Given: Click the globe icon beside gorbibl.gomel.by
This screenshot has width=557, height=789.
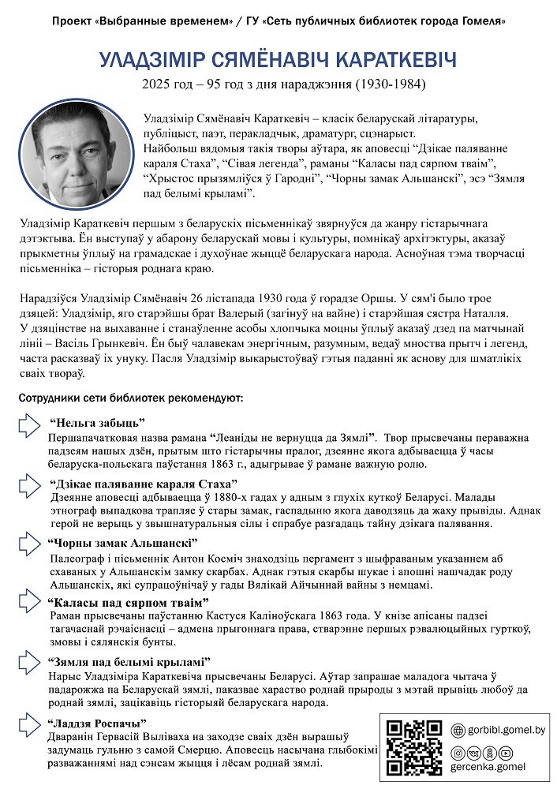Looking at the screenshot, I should click(458, 731).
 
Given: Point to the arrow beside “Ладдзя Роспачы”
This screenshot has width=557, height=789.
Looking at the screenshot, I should click(30, 723).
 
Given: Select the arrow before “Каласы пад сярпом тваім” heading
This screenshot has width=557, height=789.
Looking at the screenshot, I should click(30, 604).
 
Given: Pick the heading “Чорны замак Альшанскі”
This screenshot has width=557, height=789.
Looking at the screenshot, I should click(122, 543).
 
